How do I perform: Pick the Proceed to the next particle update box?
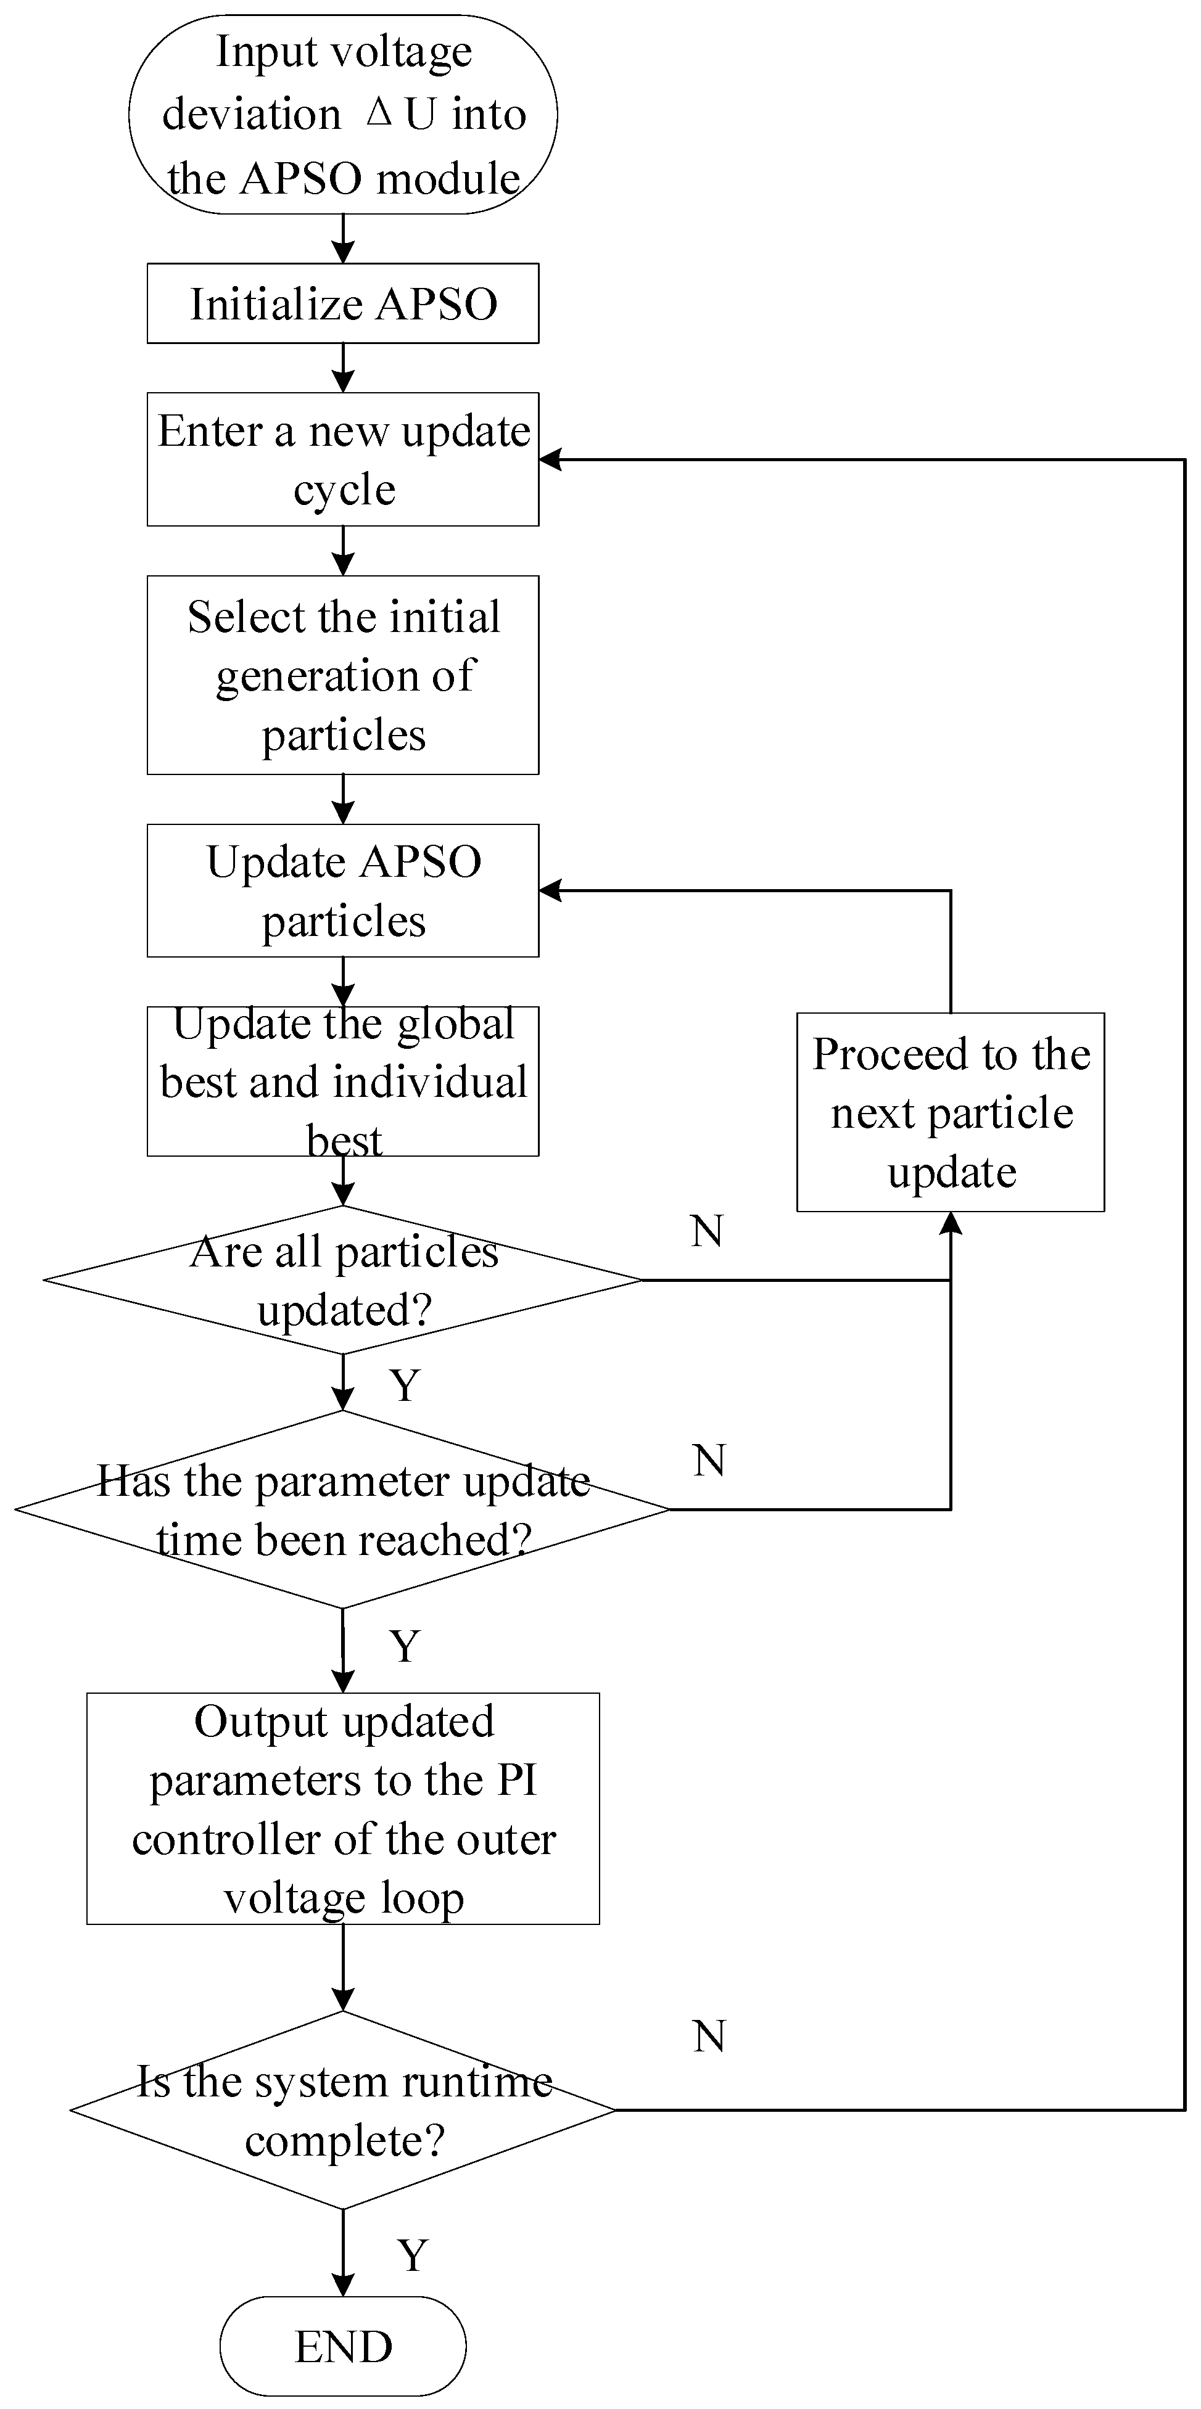pos(951,1112)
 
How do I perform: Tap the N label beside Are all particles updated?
pos(707,1231)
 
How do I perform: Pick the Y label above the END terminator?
pos(413,2255)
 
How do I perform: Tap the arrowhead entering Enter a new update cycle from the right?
pos(550,459)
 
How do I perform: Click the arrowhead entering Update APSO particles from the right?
pos(550,890)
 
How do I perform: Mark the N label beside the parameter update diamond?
pos(709,1461)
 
